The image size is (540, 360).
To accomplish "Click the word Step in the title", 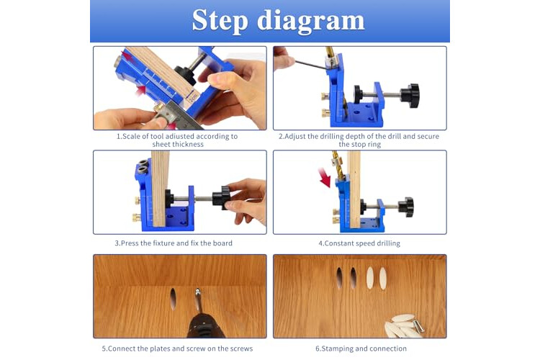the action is pyautogui.click(x=220, y=21).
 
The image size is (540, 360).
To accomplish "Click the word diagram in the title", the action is pyautogui.click(x=311, y=22).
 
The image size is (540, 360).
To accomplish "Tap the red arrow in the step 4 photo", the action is pyautogui.click(x=324, y=177).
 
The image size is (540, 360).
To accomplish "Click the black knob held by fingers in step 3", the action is pyautogui.click(x=221, y=198).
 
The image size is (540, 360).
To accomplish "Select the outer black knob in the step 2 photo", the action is pyautogui.click(x=410, y=96).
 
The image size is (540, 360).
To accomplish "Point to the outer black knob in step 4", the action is pyautogui.click(x=406, y=207).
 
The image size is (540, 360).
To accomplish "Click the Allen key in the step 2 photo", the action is pyautogui.click(x=311, y=65).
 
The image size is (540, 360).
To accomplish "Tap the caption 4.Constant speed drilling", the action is pyautogui.click(x=359, y=243).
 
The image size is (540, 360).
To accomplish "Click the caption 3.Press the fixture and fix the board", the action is pyautogui.click(x=174, y=243).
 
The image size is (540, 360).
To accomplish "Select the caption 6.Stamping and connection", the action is pyautogui.click(x=361, y=348).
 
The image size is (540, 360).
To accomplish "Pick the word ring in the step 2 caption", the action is pyautogui.click(x=374, y=144).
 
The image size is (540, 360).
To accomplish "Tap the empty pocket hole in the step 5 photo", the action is pyautogui.click(x=173, y=298).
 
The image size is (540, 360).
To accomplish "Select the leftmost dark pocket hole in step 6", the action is pyautogui.click(x=340, y=277).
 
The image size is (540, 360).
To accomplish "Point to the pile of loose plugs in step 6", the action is pyautogui.click(x=404, y=325).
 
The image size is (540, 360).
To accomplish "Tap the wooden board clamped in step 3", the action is pyautogui.click(x=160, y=189).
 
